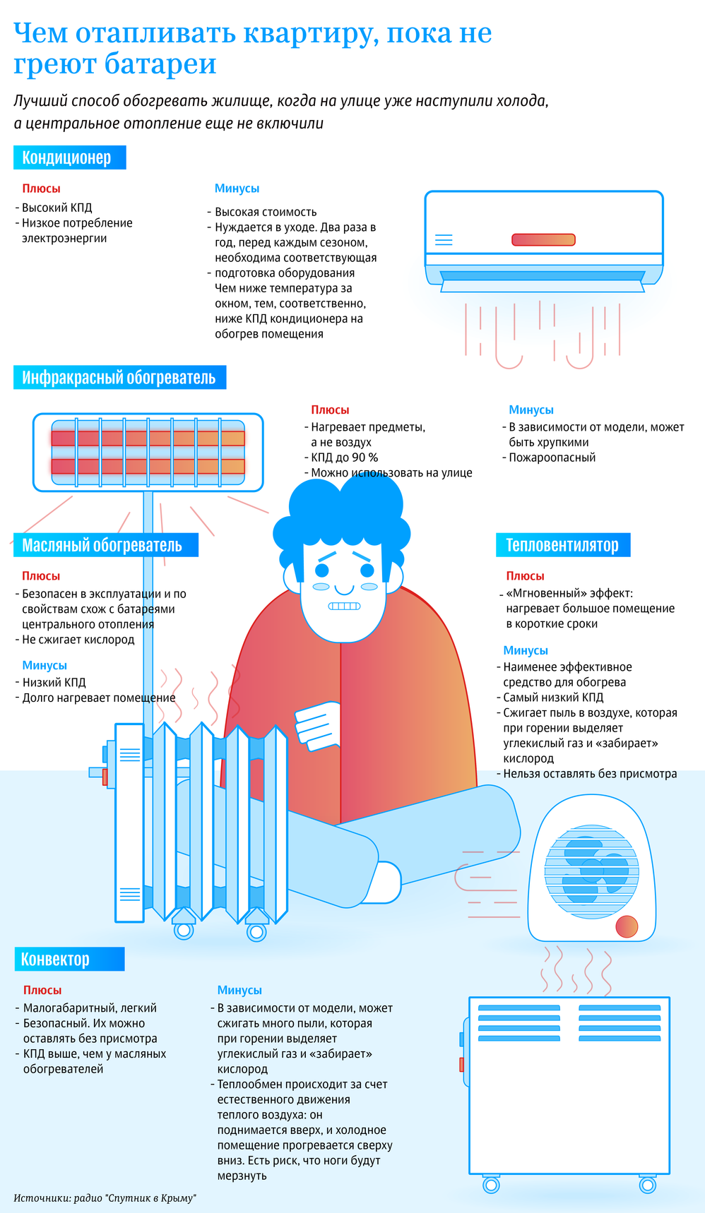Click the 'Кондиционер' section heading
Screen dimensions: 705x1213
click(x=69, y=157)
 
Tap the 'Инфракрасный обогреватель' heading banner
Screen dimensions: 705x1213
click(x=119, y=378)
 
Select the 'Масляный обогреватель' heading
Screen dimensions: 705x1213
click(x=105, y=545)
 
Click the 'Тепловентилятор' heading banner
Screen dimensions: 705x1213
click(x=563, y=545)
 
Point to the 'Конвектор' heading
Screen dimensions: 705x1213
click(x=69, y=959)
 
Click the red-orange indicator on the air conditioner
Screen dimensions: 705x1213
click(x=543, y=240)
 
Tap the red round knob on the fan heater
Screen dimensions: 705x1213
click(x=627, y=926)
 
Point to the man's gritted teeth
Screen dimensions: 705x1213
click(x=345, y=606)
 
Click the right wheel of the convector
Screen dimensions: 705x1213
click(x=648, y=1185)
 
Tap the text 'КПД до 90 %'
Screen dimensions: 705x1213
click(x=345, y=458)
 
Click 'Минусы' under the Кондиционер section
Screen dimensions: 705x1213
click(x=237, y=189)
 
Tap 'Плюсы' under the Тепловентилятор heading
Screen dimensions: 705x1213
click(x=525, y=576)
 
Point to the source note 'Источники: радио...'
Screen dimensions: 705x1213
click(x=105, y=1198)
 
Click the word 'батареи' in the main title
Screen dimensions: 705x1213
click(x=160, y=64)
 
